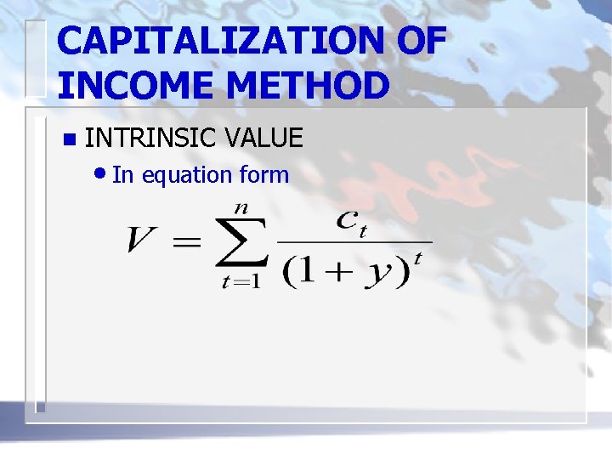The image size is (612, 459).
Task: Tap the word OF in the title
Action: [419, 42]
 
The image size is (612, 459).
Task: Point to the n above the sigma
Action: [241, 207]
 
